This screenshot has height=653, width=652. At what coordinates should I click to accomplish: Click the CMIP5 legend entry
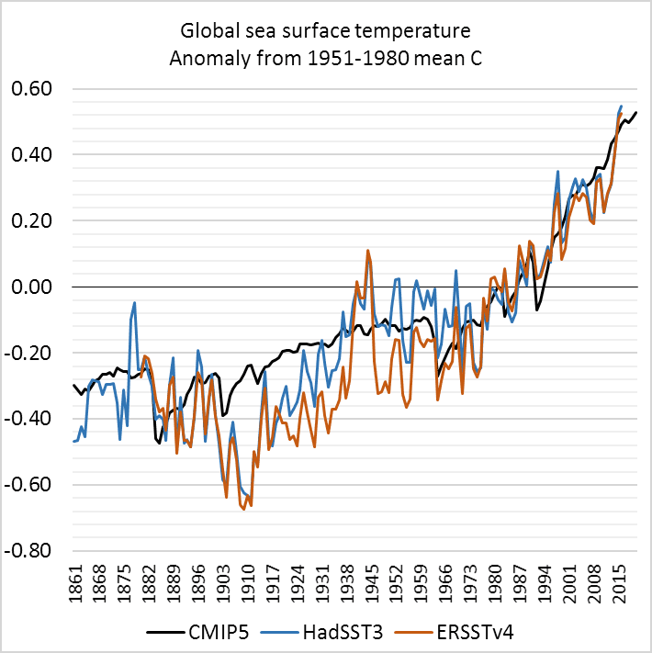click(x=197, y=632)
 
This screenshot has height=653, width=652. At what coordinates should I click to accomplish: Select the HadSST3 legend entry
click(x=321, y=632)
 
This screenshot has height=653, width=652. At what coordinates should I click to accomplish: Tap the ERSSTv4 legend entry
click(x=455, y=632)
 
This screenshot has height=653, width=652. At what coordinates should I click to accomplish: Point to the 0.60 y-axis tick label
click(x=31, y=89)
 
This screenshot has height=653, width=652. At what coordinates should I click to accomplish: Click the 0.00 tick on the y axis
click(x=31, y=287)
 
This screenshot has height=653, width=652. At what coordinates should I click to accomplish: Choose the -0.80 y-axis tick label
click(x=28, y=551)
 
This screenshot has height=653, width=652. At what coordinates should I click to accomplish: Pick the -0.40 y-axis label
click(x=28, y=419)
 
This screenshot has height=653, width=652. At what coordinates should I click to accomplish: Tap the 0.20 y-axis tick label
click(x=31, y=220)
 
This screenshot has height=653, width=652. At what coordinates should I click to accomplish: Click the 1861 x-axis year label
click(x=76, y=584)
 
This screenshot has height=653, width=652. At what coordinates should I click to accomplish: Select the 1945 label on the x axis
click(x=371, y=584)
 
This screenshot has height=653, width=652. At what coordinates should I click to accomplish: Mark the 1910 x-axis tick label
click(x=248, y=584)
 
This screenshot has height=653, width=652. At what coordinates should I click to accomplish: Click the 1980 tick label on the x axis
click(x=495, y=584)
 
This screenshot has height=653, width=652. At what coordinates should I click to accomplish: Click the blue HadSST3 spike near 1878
click(x=134, y=303)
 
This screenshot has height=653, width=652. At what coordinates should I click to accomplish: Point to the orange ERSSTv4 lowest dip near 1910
click(x=244, y=509)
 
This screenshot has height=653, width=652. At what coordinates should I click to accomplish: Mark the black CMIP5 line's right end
click(x=636, y=112)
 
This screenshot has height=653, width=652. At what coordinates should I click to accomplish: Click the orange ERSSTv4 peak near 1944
click(x=367, y=251)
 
